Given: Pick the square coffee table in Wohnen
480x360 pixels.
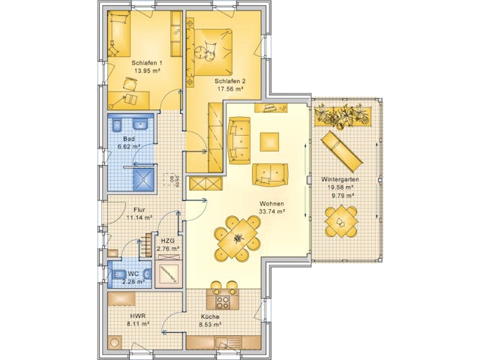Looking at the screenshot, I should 269,142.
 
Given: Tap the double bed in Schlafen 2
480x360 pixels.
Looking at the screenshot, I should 213,51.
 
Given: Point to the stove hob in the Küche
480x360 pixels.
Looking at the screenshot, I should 223,301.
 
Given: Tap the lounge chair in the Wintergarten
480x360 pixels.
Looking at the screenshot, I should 342,151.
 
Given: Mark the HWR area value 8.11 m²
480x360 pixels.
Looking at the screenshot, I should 137,325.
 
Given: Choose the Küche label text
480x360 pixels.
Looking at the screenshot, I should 210,317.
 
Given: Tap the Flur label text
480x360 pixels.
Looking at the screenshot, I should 139,210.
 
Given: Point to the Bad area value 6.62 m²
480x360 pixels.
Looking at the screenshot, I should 129,147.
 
